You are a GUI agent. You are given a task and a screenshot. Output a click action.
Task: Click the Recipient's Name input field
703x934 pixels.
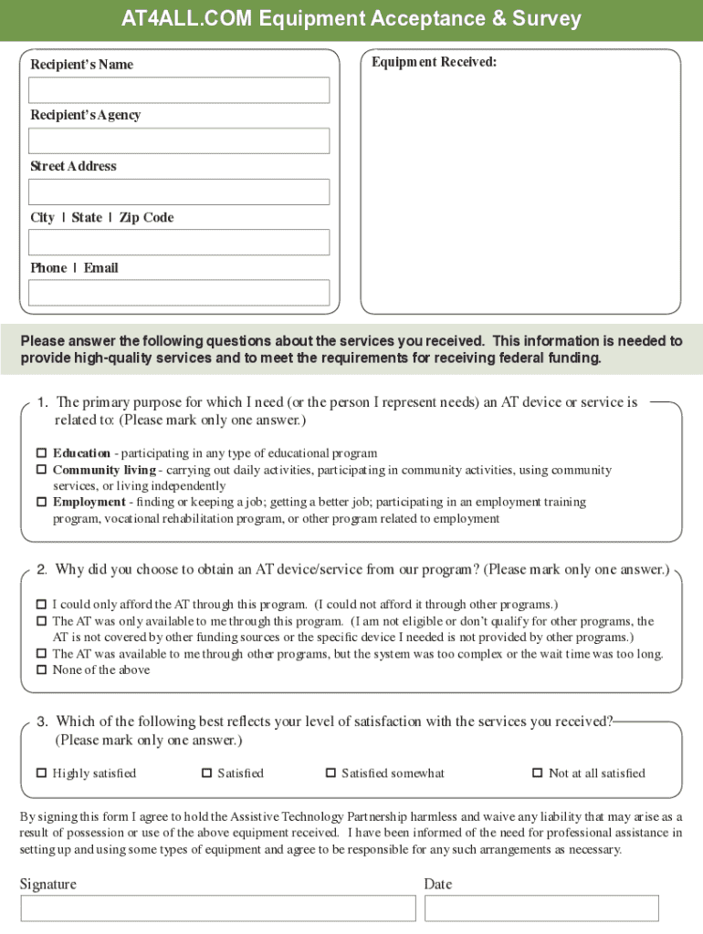tap(179, 90)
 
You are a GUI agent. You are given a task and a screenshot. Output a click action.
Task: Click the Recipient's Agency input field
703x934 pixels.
tap(179, 140)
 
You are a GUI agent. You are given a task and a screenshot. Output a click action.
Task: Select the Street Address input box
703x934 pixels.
tap(179, 192)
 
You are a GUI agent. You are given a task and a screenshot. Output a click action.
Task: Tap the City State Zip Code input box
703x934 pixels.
tap(179, 242)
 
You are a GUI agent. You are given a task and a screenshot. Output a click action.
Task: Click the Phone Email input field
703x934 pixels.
tap(179, 292)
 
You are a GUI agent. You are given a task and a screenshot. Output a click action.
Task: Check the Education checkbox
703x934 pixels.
tap(41, 453)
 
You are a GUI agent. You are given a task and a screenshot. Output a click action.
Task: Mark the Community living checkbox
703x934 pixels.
tap(41, 470)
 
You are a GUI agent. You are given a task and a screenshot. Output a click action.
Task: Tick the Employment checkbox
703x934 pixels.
tap(41, 502)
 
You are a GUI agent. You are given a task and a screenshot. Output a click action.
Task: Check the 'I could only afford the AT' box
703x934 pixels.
tap(41, 604)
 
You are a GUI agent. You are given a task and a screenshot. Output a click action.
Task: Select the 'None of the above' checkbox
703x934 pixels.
tap(41, 669)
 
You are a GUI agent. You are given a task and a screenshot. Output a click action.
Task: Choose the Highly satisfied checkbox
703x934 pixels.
tap(41, 773)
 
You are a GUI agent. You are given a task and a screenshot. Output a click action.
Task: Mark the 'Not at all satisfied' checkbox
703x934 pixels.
tap(537, 773)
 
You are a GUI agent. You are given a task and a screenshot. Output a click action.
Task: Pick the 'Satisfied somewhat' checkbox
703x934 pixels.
tap(331, 773)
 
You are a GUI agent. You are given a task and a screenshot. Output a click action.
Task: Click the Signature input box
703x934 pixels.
tap(217, 908)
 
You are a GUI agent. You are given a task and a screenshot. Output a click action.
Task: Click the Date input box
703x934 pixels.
tap(541, 908)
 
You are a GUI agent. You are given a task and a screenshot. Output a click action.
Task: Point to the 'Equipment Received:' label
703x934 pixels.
tap(434, 62)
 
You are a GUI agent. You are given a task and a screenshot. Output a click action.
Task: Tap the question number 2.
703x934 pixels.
tap(42, 570)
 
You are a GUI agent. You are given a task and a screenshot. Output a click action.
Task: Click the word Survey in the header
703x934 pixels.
tap(546, 19)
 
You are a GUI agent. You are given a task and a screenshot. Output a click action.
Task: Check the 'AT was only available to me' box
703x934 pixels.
tap(41, 620)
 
